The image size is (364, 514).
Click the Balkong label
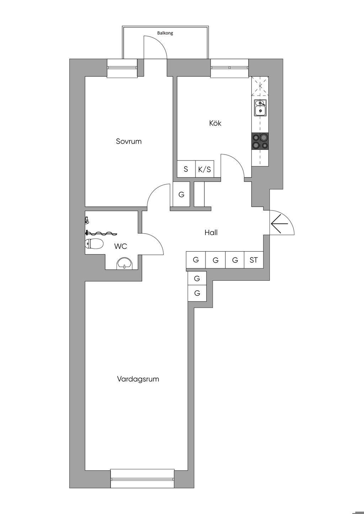(x=165, y=33)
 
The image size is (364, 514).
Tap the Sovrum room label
(x=129, y=141)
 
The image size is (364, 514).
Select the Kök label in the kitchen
(x=215, y=123)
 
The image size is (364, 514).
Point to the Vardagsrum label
(x=138, y=379)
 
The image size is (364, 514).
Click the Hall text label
(x=211, y=233)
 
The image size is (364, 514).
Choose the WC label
(x=121, y=246)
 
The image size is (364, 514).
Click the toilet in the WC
(x=94, y=244)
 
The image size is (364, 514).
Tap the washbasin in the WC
(x=124, y=263)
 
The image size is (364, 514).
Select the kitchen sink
(x=260, y=108)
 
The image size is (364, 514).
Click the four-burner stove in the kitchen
(x=260, y=141)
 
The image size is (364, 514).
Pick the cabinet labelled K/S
(x=204, y=169)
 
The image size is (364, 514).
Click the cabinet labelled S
(x=186, y=169)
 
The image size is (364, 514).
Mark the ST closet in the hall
(x=253, y=260)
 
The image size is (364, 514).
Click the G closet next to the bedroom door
(x=181, y=194)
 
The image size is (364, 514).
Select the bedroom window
(x=122, y=68)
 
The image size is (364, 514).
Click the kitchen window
(x=229, y=68)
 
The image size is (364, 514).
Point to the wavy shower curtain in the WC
(x=102, y=233)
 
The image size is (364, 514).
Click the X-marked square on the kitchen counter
(x=260, y=86)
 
